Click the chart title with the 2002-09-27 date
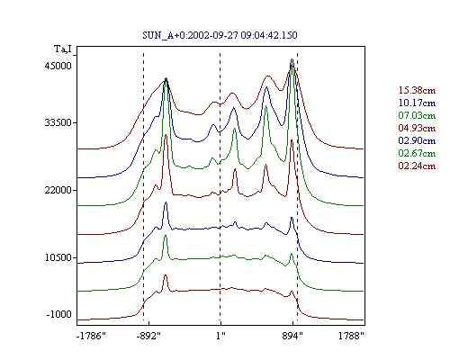pyautogui.click(x=220, y=35)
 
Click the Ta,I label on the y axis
pyautogui.click(x=63, y=49)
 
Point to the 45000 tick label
pyautogui.click(x=58, y=66)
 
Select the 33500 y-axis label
pyautogui.click(x=58, y=122)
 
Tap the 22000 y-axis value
pyautogui.click(x=58, y=190)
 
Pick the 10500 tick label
pyautogui.click(x=58, y=257)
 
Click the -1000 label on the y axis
pyautogui.click(x=59, y=314)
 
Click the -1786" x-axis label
pyautogui.click(x=91, y=336)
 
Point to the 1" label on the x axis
pyautogui.click(x=220, y=336)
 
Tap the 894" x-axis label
pyautogui.click(x=292, y=336)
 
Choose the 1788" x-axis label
pyautogui.click(x=351, y=336)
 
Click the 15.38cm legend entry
pyautogui.click(x=417, y=90)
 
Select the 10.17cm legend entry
pyautogui.click(x=417, y=103)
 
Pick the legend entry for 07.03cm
pyautogui.click(x=417, y=115)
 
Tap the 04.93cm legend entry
pyautogui.click(x=417, y=128)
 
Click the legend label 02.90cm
pyautogui.click(x=417, y=140)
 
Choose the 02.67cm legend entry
pyautogui.click(x=417, y=153)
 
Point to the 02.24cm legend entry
pyautogui.click(x=417, y=166)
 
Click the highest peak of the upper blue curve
pyautogui.click(x=292, y=59)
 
